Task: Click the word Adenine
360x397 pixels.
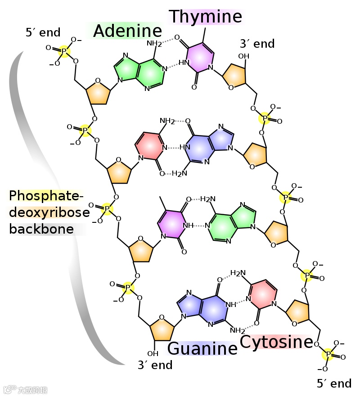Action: tap(127, 31)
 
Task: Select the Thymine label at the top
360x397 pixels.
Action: tap(206, 17)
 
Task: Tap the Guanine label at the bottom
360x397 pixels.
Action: tap(202, 349)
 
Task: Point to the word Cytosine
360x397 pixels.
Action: tap(276, 342)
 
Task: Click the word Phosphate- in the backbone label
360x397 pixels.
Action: tap(46, 196)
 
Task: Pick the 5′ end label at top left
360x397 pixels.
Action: tap(43, 32)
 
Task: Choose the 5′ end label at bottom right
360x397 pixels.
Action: tap(334, 383)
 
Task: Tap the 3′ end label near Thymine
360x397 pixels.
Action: tap(257, 44)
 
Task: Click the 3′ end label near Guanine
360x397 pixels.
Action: tap(155, 365)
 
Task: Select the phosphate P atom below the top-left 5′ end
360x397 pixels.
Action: tap(64, 51)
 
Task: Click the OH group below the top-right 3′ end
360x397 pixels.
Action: tap(243, 56)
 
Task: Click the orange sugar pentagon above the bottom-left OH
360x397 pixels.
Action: tap(162, 329)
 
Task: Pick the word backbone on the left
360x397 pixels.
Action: tap(41, 229)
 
